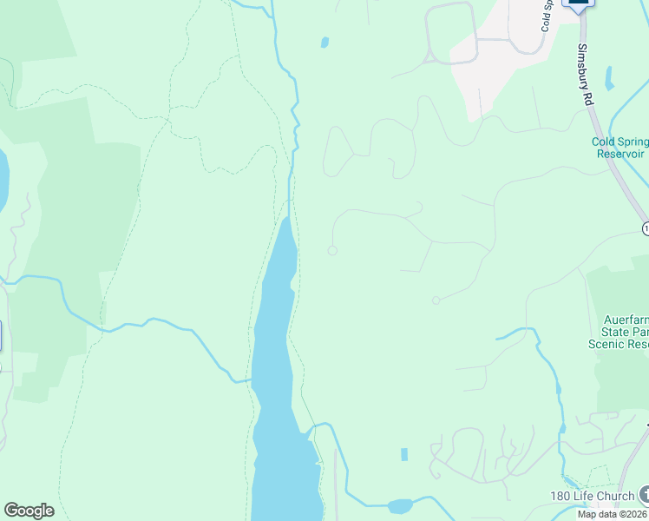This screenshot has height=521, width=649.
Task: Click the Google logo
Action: point(29,511)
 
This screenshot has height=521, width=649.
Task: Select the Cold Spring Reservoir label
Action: point(619,148)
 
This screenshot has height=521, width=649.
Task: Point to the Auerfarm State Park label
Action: point(619,332)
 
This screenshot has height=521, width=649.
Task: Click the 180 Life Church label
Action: point(592,497)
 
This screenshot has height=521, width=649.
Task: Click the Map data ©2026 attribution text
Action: point(613,514)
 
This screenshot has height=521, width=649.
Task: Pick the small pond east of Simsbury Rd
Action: point(609,78)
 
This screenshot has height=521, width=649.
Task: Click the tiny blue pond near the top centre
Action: point(324,42)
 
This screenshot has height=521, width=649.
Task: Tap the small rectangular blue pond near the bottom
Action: point(404,454)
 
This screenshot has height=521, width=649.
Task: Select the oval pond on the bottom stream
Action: point(400,506)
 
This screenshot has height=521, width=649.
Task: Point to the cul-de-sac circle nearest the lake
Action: point(331,251)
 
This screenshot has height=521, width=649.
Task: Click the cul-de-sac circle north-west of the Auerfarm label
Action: point(436,300)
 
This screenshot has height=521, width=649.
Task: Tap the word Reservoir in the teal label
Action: point(619,154)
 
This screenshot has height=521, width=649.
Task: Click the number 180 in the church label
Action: point(561,497)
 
